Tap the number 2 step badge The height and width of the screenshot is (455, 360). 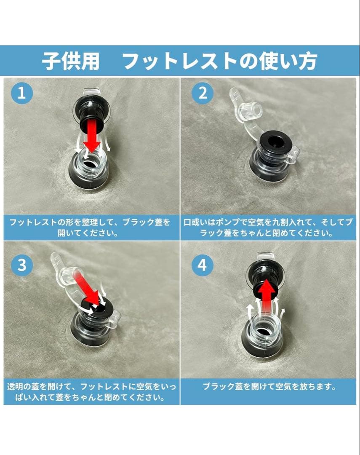click(203, 94)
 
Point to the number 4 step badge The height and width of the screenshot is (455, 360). click(203, 265)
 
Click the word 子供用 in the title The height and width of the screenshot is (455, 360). click(70, 62)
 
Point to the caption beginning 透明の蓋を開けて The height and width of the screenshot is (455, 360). click(90, 391)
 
